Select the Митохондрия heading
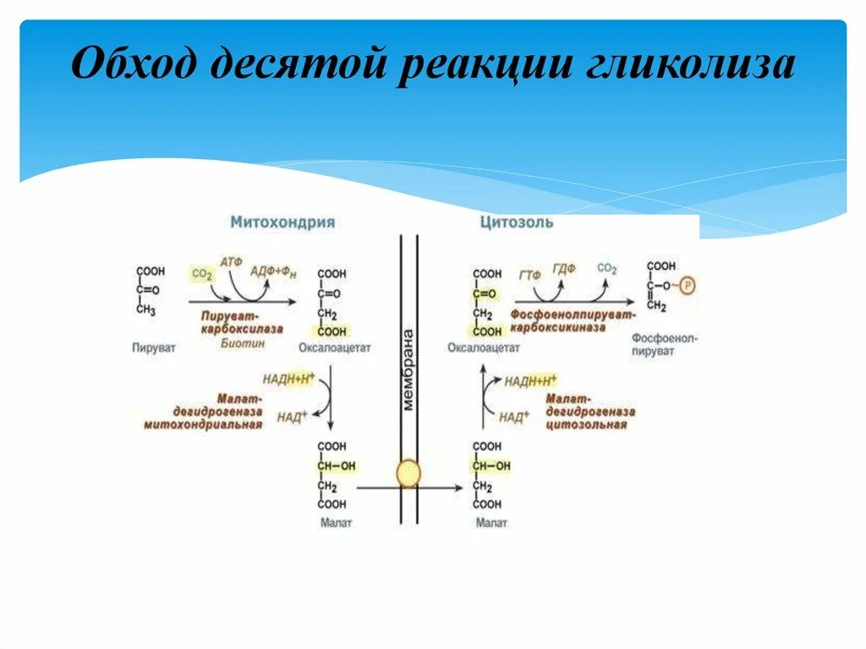tap(282, 223)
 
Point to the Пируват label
tap(154, 348)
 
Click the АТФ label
tap(230, 263)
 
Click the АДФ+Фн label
tap(274, 271)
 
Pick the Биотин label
tap(243, 344)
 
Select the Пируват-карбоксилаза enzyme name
tap(242, 322)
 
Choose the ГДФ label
tap(564, 268)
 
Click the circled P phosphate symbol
tap(687, 286)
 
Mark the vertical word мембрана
tap(409, 369)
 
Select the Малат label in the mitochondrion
tap(336, 523)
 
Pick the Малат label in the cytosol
tap(491, 523)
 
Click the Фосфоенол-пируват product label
tap(664, 344)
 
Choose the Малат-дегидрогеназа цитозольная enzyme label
tap(589, 411)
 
